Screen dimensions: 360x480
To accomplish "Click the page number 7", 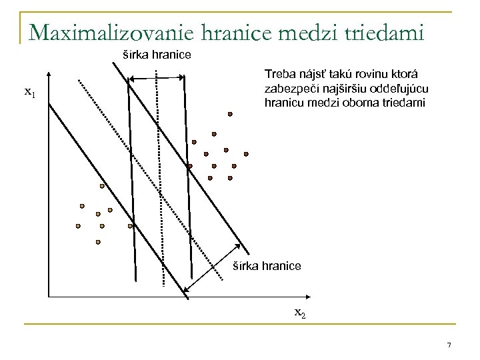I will point(449,345).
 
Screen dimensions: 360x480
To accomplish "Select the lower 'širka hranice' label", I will point(267,266).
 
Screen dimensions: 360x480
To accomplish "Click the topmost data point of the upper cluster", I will point(230,114).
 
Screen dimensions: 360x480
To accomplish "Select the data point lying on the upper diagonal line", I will point(189,165).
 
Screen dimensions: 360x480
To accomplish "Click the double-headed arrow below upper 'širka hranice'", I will point(155,79).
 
